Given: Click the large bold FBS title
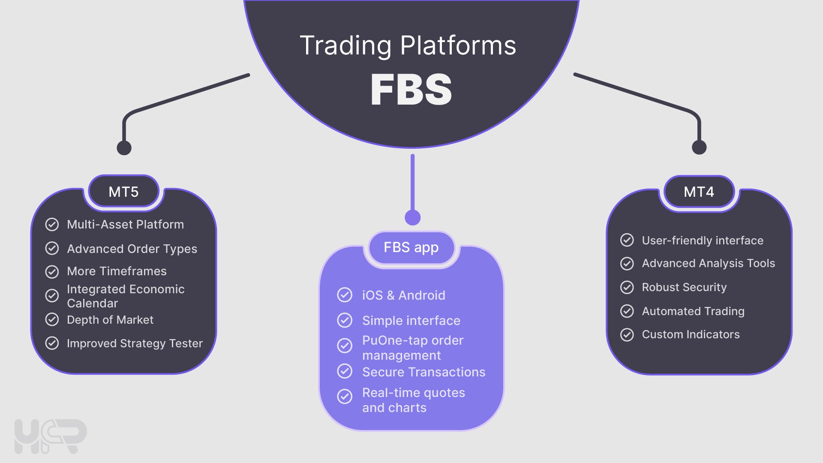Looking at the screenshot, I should click(411, 89).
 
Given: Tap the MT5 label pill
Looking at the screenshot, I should click(123, 192).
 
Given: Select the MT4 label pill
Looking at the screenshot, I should click(699, 192).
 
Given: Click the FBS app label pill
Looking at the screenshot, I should click(411, 247).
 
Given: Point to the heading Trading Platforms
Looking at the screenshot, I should click(408, 45).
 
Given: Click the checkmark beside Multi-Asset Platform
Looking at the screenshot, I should click(52, 225).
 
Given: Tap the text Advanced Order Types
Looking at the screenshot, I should click(132, 249).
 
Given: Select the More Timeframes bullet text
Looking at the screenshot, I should click(117, 271).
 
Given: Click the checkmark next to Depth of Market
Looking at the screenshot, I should click(52, 319).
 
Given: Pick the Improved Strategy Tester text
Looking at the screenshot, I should click(135, 343).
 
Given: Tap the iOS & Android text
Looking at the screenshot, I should click(403, 295).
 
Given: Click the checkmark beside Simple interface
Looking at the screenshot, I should click(345, 320).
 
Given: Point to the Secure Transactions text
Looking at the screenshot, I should click(424, 372).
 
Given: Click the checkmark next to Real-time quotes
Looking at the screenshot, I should click(345, 397).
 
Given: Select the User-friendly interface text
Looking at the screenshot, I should click(703, 241).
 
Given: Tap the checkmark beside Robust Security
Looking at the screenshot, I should click(627, 287).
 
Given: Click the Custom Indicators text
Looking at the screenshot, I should click(691, 334).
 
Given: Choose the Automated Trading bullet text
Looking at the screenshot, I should click(693, 311).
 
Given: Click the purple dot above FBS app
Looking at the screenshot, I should click(412, 217).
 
